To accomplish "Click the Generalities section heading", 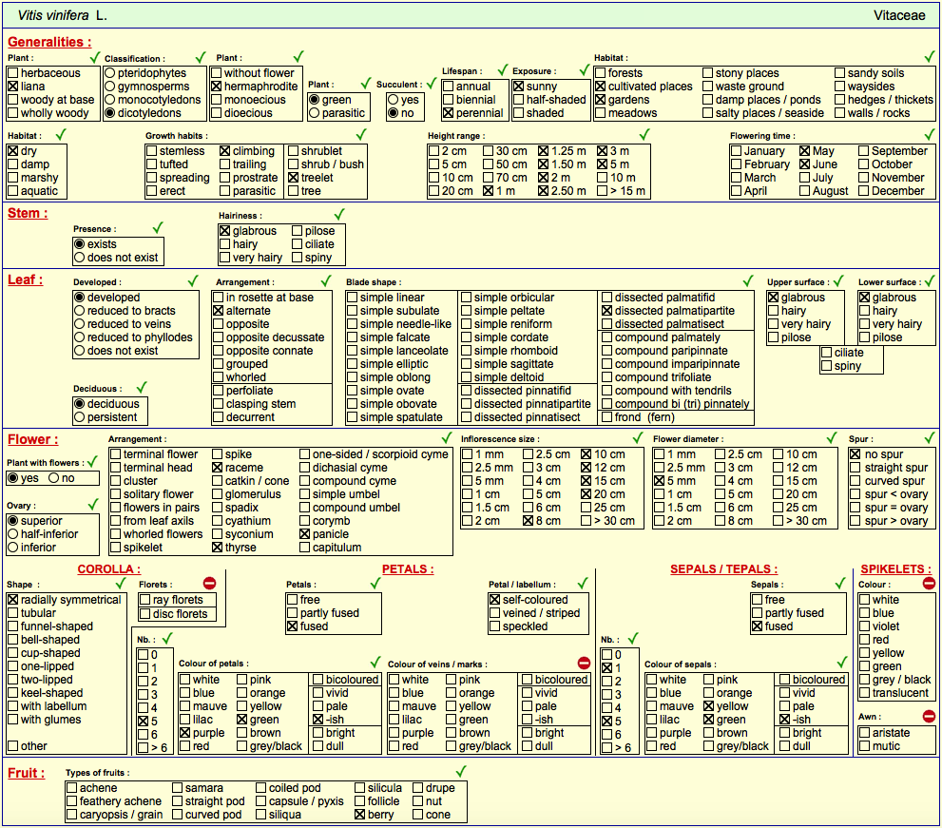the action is (49, 42).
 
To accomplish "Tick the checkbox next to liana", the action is (13, 87).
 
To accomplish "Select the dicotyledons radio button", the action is (110, 113).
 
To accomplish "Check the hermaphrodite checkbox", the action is (217, 87).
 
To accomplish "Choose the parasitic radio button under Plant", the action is (315, 113).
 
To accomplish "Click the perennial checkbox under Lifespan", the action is (448, 113).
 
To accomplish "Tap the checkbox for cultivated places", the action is (600, 87).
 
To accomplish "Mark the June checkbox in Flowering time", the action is (805, 164).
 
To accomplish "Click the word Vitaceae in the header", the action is (899, 15).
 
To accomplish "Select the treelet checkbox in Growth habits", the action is (293, 178).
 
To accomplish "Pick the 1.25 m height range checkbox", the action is (543, 151).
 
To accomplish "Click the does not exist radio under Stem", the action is (79, 258).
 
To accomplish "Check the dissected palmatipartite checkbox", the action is (606, 311).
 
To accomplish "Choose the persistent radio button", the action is (79, 417).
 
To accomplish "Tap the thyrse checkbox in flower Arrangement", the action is (218, 548).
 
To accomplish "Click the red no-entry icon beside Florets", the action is (209, 583).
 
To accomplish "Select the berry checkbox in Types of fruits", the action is (360, 815).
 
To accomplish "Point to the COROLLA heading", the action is (108, 569).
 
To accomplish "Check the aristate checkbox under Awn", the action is (864, 733).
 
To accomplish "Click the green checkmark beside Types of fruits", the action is (461, 771).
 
